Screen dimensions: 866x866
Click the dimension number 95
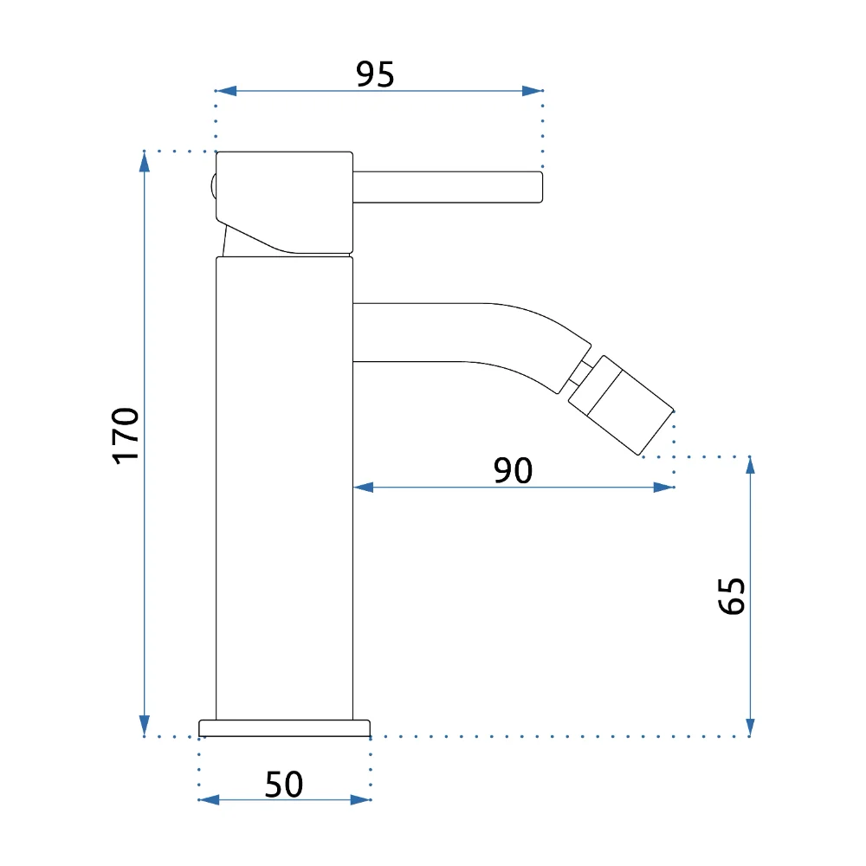pos(375,74)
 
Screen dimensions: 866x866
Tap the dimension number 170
pos(126,436)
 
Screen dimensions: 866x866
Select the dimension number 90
pos(513,470)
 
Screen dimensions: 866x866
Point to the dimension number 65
pos(732,596)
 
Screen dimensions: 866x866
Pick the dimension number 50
pos(284,785)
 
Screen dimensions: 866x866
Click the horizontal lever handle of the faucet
pos(448,187)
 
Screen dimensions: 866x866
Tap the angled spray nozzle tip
pos(621,405)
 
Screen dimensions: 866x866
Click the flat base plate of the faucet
pos(284,728)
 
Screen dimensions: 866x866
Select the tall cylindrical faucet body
pos(284,488)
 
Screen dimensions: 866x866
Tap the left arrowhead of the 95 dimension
pos(226,91)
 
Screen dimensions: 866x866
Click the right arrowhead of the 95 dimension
pos(533,91)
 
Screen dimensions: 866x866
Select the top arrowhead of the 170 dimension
pos(145,161)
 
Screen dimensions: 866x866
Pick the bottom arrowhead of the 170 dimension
pos(145,726)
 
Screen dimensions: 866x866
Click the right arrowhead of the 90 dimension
pos(664,487)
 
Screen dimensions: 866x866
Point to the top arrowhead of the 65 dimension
pos(750,466)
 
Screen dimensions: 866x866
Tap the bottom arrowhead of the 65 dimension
pos(750,727)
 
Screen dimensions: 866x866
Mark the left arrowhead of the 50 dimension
pos(209,799)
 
